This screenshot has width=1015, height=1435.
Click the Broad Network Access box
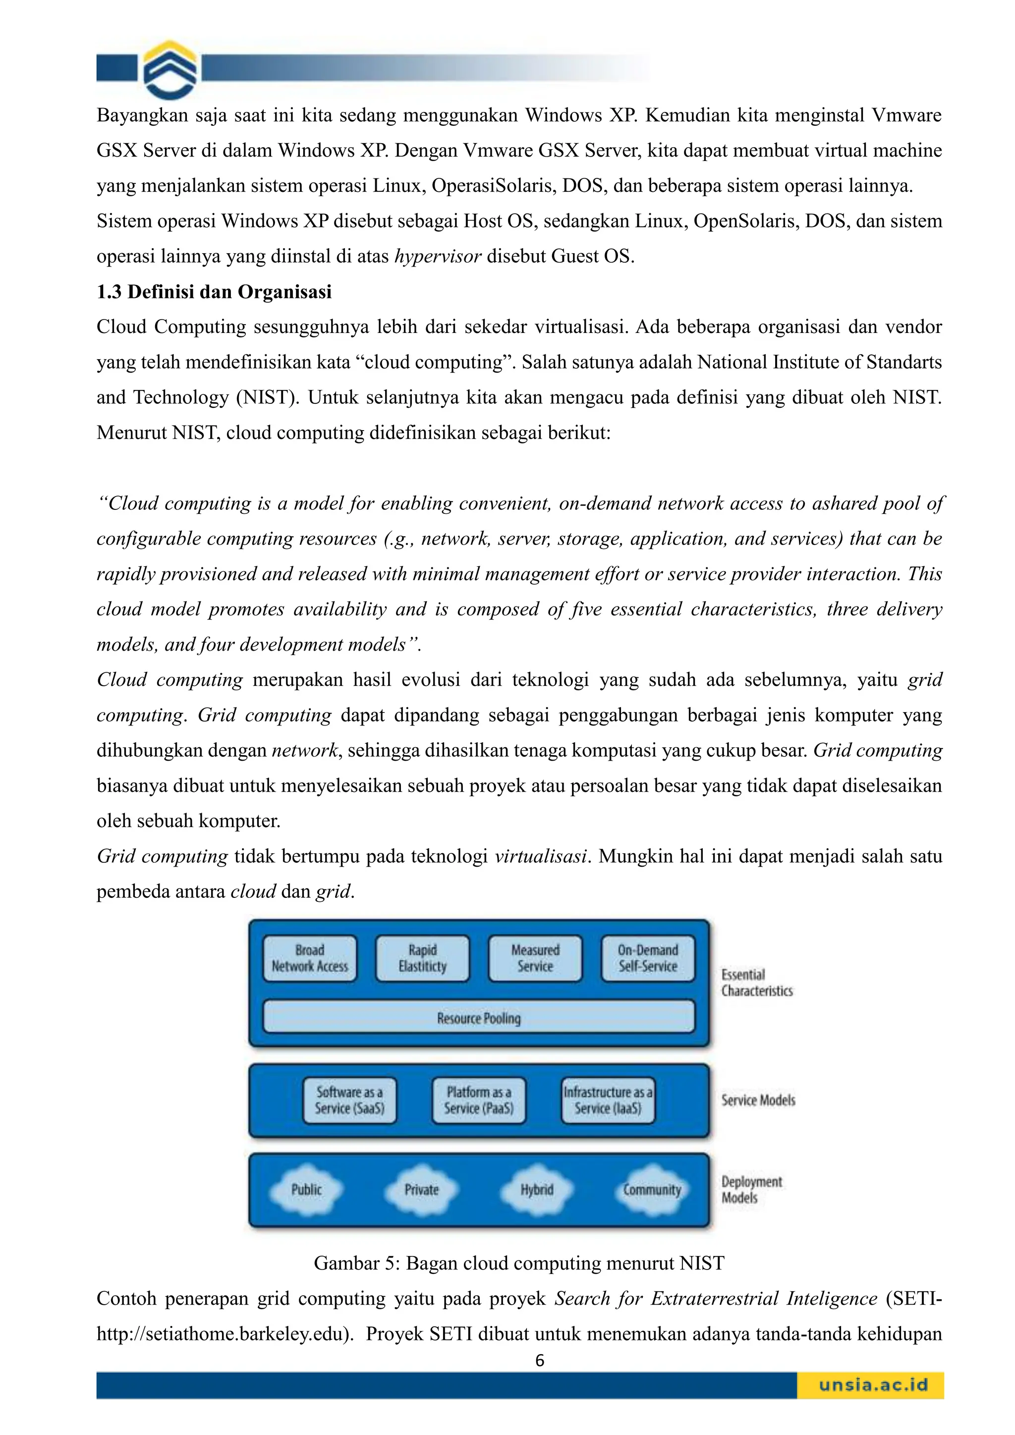tap(309, 958)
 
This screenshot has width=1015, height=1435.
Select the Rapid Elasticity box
tap(422, 958)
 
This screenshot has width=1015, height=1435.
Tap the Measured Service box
tap(535, 958)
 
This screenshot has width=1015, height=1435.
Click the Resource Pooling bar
tap(479, 1019)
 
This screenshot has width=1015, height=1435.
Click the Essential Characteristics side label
tap(756, 983)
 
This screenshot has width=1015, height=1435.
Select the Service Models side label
tap(758, 1100)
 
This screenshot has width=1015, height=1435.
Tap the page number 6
tap(540, 1361)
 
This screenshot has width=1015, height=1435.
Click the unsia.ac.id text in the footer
tap(873, 1384)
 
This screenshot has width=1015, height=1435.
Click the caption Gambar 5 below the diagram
tap(519, 1263)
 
